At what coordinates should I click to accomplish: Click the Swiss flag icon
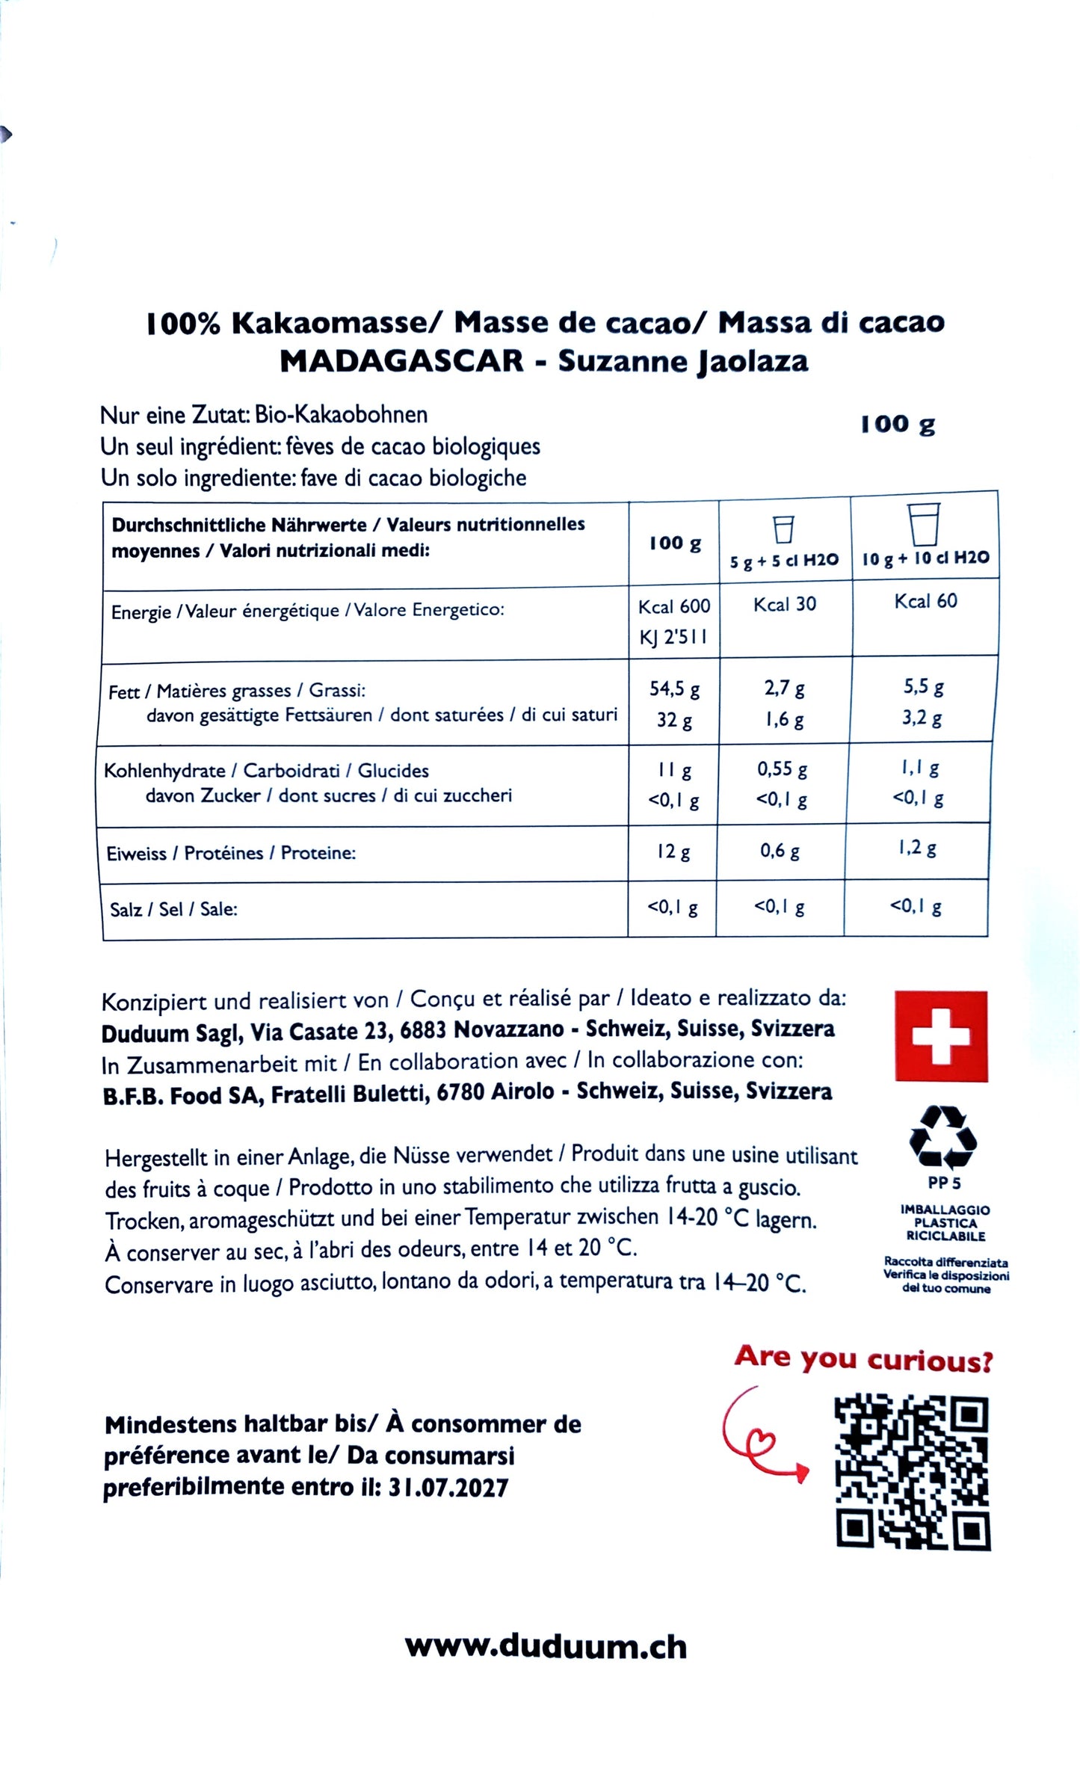pos(941,1036)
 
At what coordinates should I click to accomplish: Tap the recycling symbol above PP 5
pos(942,1138)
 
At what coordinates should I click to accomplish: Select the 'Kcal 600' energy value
pos(674,606)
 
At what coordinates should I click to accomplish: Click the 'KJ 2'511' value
pos(673,638)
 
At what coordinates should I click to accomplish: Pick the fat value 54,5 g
pos(674,689)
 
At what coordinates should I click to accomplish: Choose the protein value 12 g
pos(673,851)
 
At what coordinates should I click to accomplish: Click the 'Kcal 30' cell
pos(784,604)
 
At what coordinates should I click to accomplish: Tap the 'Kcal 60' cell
pos(925,601)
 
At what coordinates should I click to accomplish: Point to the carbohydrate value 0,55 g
pos(782,769)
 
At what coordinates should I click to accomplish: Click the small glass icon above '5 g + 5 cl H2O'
pos(783,529)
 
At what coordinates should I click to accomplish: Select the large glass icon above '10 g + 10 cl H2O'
pos(924,524)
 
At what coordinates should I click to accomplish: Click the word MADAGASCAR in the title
pos(401,361)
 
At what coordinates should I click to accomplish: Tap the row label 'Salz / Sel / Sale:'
pos(173,909)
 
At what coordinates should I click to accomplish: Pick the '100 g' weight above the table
pos(898,424)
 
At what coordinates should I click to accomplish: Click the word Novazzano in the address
pos(508,1029)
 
